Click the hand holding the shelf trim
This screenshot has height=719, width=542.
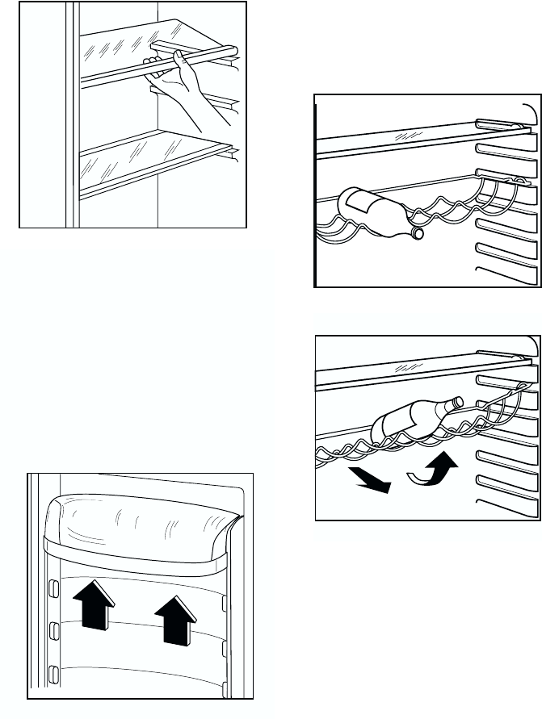179,82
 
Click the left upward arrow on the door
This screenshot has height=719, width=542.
90,606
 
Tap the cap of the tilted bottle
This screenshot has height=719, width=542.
456,400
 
